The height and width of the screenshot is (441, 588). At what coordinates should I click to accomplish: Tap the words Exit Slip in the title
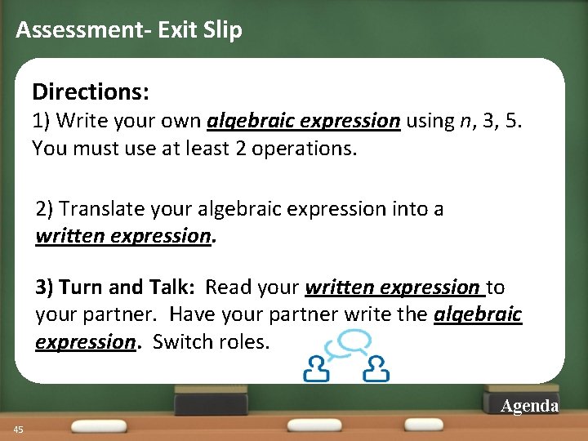[200, 31]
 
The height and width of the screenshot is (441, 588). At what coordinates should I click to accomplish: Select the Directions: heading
[91, 91]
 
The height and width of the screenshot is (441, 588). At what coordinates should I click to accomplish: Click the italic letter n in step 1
[465, 121]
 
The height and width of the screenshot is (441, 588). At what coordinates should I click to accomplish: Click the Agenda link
[529, 406]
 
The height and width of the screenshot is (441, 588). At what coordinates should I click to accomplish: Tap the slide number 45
[17, 430]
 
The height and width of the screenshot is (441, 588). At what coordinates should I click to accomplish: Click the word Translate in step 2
[97, 209]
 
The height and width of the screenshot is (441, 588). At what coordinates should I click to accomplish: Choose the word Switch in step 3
[180, 341]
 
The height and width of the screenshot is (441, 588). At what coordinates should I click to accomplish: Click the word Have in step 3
[190, 314]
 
